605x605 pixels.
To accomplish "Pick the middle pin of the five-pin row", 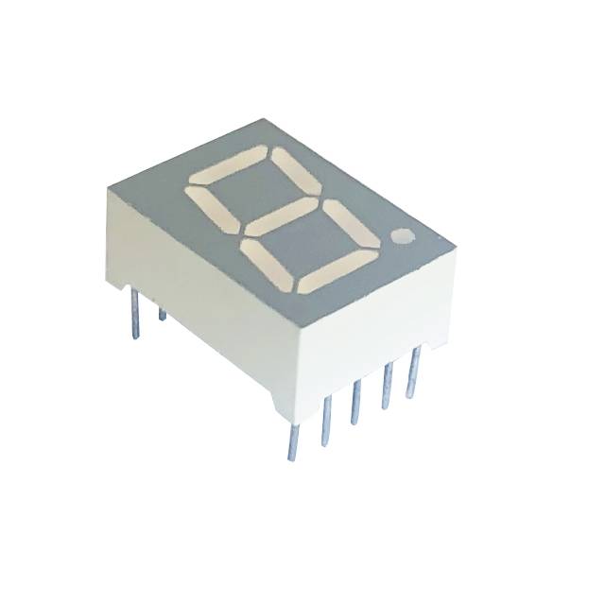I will tap(354, 402).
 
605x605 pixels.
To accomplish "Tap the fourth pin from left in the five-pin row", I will tap(385, 389).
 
